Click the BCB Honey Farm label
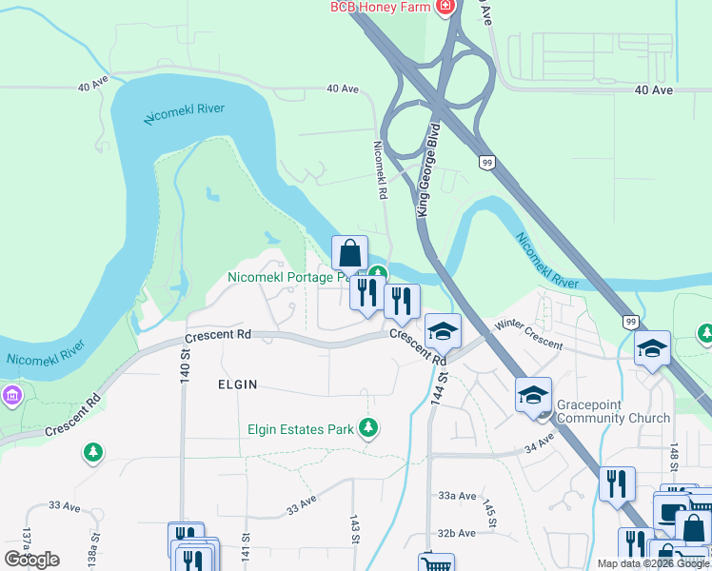point(381,7)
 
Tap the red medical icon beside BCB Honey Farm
point(445,8)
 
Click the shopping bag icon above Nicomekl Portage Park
point(349,254)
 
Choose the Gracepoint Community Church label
point(614,411)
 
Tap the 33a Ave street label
point(457,496)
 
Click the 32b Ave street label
point(457,533)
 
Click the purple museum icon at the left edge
point(11,394)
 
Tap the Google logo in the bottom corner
point(31,560)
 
